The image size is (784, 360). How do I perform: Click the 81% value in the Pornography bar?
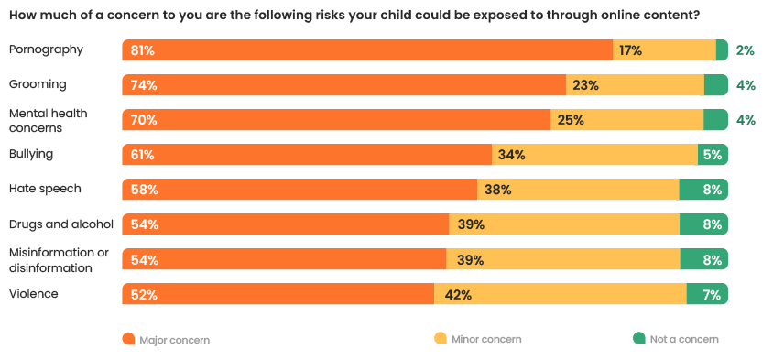(x=142, y=50)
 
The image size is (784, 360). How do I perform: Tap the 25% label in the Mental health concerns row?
(x=571, y=120)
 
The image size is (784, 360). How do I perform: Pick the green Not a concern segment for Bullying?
(x=713, y=155)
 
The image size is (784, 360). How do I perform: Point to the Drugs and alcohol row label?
(x=60, y=224)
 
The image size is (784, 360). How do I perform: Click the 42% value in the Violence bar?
(x=458, y=295)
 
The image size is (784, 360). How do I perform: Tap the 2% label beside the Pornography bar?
(x=745, y=50)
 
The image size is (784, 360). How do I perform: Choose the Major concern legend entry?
(x=174, y=339)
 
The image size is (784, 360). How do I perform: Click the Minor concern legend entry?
(x=485, y=339)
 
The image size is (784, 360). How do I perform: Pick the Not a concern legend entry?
(x=683, y=339)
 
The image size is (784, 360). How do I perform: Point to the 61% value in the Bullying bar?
(x=142, y=155)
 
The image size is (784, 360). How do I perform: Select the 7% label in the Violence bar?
(x=711, y=295)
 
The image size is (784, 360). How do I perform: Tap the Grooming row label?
(x=38, y=84)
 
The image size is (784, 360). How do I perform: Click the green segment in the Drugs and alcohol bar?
(x=703, y=224)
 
